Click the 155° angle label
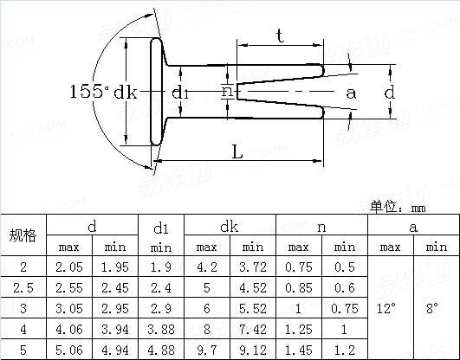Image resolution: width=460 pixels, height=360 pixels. [87, 92]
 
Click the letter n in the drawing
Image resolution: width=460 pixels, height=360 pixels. [226, 91]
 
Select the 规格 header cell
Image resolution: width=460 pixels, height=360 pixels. [23, 236]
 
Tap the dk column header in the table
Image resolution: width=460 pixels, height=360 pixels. [229, 227]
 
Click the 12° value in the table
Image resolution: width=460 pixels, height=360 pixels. [390, 307]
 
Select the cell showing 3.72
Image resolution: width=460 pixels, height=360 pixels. [251, 267]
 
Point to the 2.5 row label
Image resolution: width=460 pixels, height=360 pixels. [23, 286]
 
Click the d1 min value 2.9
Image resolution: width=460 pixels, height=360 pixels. [161, 307]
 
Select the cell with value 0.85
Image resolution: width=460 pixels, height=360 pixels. [298, 286]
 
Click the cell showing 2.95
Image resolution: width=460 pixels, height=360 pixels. [115, 307]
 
